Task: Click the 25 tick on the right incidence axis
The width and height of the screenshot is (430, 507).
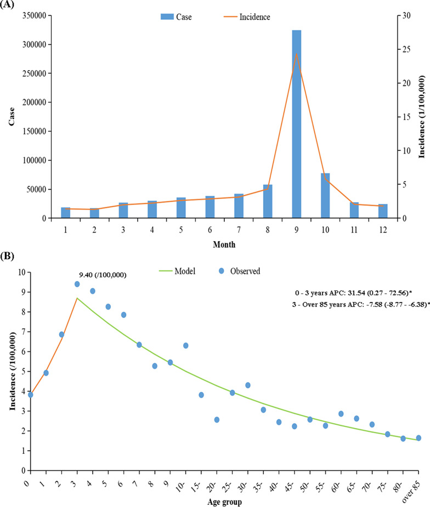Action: point(406,49)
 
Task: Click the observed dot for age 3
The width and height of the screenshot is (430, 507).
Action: point(77,284)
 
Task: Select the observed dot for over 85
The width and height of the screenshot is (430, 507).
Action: point(418,438)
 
